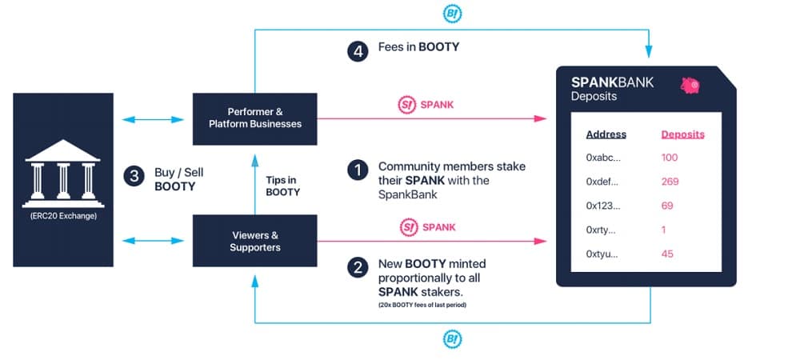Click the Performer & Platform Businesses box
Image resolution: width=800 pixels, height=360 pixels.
(254, 118)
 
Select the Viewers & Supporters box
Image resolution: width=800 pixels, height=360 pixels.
(254, 241)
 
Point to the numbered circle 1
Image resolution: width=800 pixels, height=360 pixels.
(357, 170)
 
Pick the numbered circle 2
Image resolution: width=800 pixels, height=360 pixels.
(357, 267)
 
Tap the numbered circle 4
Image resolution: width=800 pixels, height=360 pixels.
(357, 51)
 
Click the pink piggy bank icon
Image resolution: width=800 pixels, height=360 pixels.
(690, 85)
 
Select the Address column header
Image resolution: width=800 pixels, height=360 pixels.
(606, 134)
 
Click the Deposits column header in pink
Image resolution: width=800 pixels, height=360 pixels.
(682, 134)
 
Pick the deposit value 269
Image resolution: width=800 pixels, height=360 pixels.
(670, 182)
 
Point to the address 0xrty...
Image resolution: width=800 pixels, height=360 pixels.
(602, 230)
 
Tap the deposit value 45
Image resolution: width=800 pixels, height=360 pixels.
(667, 254)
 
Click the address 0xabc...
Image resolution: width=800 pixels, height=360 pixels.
(602, 158)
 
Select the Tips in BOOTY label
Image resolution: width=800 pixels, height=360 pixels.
(283, 186)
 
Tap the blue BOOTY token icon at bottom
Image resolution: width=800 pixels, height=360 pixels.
(453, 339)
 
